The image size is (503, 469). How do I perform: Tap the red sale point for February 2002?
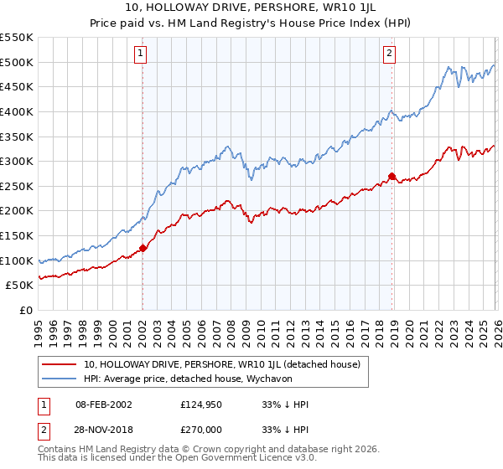coord(143,247)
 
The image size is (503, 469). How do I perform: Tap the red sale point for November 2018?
coord(392,176)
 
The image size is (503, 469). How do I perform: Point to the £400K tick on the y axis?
coord(18,111)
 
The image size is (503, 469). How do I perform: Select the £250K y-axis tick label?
coord(18,186)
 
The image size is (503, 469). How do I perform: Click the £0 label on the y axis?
coord(25,310)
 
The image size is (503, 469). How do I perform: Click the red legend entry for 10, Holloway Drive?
coord(221,364)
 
